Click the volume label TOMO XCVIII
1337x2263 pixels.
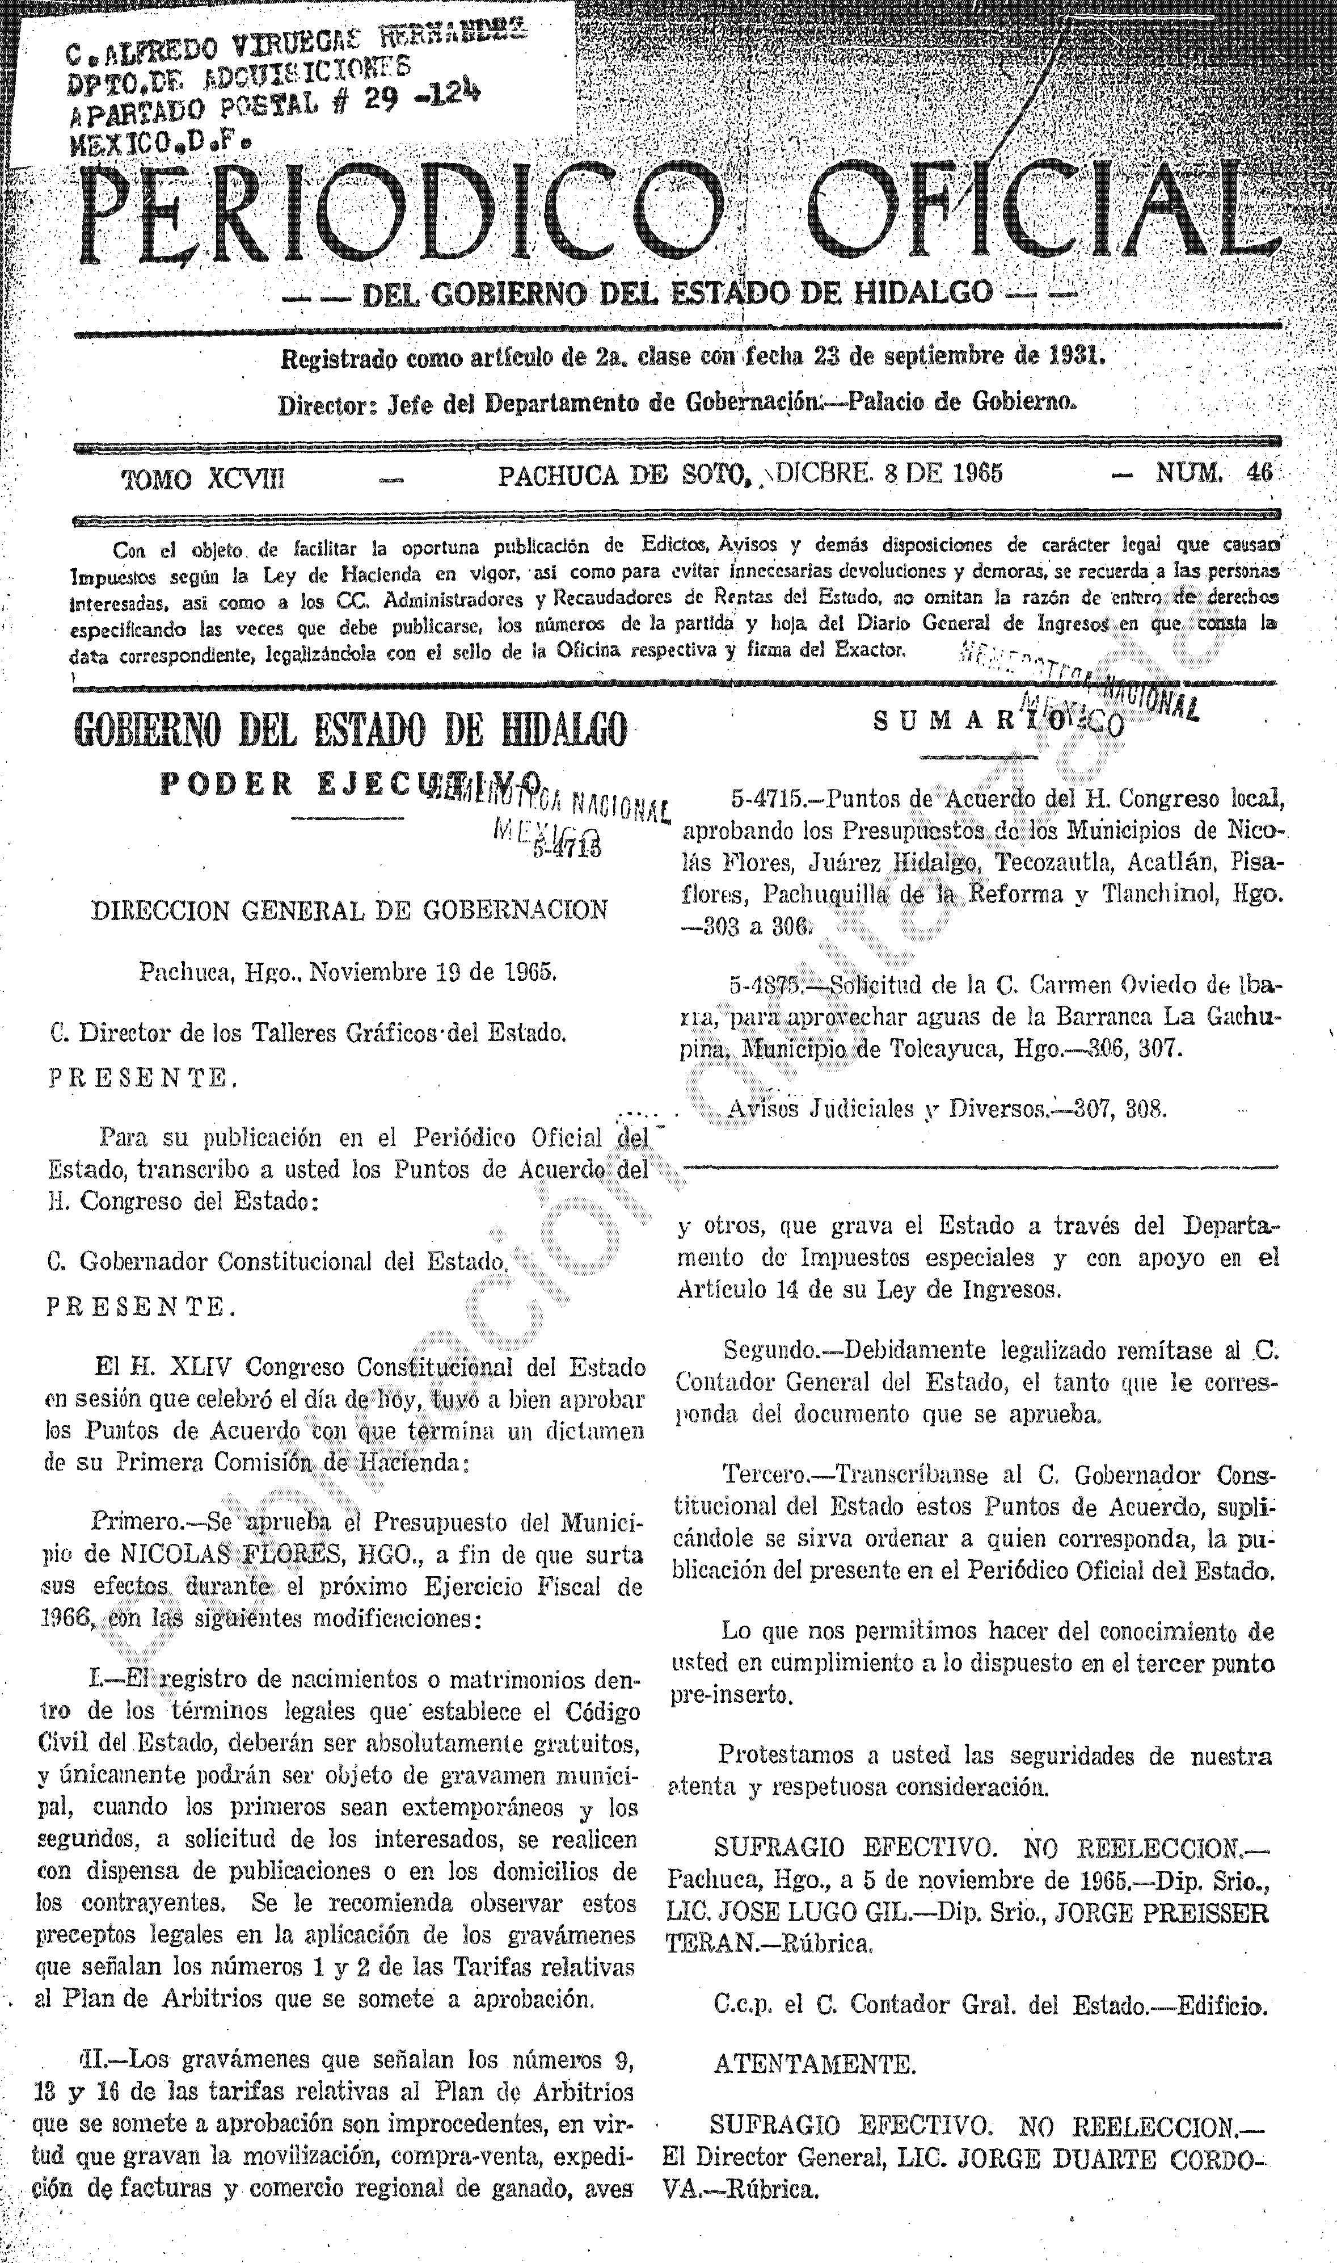(x=204, y=478)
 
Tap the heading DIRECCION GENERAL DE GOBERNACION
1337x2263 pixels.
(x=349, y=909)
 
